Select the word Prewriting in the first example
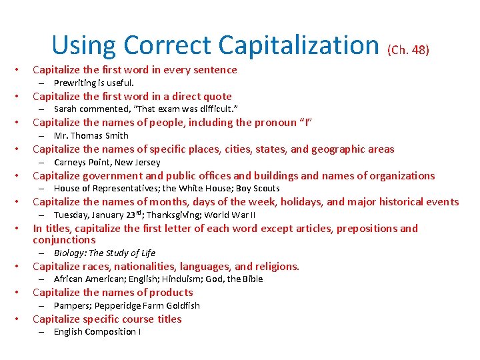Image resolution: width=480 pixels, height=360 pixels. pos(75,83)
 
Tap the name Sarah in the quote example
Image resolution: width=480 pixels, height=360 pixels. pos(65,109)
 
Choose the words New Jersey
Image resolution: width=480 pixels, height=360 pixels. pos(137,163)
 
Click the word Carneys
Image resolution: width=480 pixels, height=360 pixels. pos(71,163)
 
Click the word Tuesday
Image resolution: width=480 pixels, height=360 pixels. pos(71,215)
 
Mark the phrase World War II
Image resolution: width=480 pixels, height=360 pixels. pos(229,215)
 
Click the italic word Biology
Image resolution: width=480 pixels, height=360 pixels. pos(69,253)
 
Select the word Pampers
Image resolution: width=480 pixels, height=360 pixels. pos(71,306)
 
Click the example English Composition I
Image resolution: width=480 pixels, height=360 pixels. pos(97,332)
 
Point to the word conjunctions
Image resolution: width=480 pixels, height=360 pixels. pos(64,240)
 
